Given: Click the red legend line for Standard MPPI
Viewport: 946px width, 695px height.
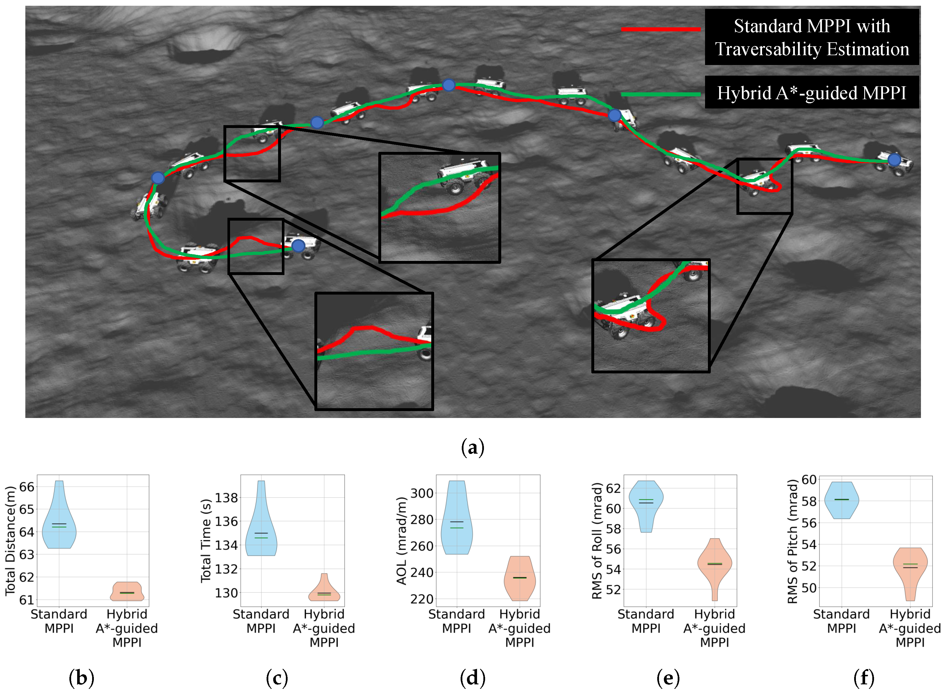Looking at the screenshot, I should (x=660, y=29).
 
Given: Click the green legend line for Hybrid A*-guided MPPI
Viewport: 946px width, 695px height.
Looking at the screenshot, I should (x=660, y=94).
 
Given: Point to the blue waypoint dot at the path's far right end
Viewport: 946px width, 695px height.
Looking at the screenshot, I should (x=894, y=160).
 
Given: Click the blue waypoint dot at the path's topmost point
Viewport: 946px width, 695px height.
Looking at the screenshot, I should (x=449, y=85).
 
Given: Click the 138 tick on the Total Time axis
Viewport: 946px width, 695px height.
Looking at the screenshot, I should (x=227, y=498).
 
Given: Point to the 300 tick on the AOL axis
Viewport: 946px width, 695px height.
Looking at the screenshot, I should (x=421, y=493).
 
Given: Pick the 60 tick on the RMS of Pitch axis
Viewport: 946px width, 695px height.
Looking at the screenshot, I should (x=808, y=480).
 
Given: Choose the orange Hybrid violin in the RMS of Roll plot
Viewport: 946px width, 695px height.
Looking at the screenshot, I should (x=715, y=566).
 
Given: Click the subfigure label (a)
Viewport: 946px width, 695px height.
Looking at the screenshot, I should (x=472, y=447).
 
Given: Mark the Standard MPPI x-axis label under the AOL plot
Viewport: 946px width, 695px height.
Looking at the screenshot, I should (x=456, y=621).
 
